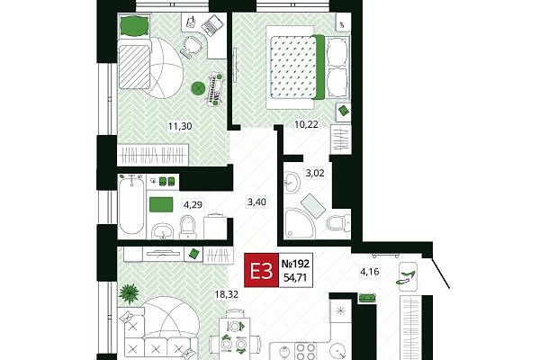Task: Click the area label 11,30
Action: [180, 126]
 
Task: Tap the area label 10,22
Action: [306, 124]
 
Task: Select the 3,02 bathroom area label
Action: [315, 173]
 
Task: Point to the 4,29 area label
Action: [193, 205]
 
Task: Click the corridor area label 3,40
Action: [256, 202]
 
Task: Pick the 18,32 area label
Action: [226, 294]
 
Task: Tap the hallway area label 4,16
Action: [370, 272]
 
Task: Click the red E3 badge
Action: [261, 270]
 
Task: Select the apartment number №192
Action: [295, 265]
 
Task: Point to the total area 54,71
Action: [295, 277]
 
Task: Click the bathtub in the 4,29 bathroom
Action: [131, 206]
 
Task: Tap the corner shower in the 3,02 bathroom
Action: [299, 224]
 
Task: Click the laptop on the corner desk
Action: [212, 25]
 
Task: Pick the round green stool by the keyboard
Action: [198, 88]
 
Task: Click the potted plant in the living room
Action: [129, 293]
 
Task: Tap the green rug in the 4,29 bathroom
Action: [161, 204]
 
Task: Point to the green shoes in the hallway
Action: [407, 278]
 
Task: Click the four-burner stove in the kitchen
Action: [306, 351]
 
